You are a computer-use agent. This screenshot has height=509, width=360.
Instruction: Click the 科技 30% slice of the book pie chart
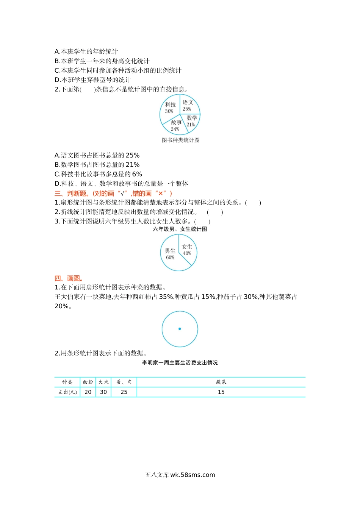[x=170, y=108]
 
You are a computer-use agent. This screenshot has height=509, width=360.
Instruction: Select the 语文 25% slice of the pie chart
[x=188, y=105]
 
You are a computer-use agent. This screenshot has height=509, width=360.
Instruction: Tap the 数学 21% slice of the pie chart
[x=191, y=121]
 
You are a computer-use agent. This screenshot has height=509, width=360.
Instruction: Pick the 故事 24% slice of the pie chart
[x=176, y=126]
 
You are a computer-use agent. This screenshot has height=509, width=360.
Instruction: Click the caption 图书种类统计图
[x=180, y=140]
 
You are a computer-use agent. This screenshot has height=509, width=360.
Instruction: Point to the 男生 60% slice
[x=170, y=254]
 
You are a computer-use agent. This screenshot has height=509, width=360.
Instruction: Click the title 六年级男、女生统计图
[x=180, y=229]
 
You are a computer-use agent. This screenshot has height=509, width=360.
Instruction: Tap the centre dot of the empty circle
[x=180, y=329]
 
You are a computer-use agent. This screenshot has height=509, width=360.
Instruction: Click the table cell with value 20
[x=88, y=392]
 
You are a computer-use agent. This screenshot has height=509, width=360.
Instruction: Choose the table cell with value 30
[x=103, y=392]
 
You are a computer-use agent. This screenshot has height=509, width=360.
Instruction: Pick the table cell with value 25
[x=124, y=392]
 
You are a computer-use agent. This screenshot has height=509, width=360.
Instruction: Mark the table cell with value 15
[x=221, y=392]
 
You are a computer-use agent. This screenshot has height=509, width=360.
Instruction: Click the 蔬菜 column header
[x=221, y=382]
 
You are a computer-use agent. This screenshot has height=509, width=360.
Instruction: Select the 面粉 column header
[x=88, y=382]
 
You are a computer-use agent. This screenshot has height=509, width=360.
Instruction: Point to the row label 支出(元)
[x=67, y=392]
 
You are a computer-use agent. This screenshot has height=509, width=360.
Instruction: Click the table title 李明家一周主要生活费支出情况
[x=180, y=363]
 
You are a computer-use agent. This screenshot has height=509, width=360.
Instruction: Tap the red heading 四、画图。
[x=69, y=278]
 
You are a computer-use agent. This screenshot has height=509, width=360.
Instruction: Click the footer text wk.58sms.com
[x=193, y=475]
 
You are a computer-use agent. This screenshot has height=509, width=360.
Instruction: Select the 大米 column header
[x=103, y=382]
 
